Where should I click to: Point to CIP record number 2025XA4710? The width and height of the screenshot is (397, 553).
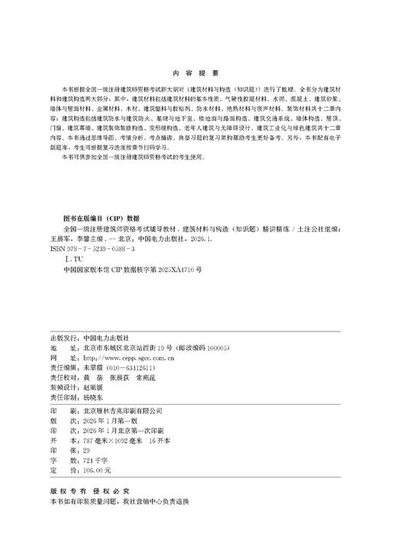tap(175, 270)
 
